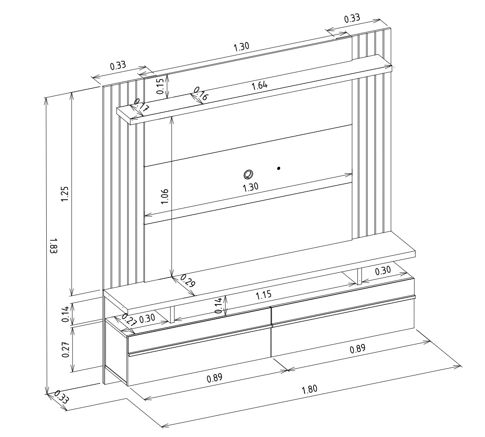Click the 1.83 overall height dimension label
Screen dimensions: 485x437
pyautogui.click(x=54, y=246)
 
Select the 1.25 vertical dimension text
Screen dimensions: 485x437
pyautogui.click(x=65, y=194)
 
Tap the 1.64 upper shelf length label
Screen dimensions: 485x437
pyautogui.click(x=260, y=85)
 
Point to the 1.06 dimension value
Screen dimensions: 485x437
pyautogui.click(x=164, y=197)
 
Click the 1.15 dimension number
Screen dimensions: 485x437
pyautogui.click(x=264, y=295)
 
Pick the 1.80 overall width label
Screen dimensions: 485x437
pyautogui.click(x=310, y=389)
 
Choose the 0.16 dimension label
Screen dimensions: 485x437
pyautogui.click(x=200, y=93)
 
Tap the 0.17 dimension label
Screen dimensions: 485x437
pyautogui.click(x=141, y=105)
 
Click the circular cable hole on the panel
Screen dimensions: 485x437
pyautogui.click(x=248, y=174)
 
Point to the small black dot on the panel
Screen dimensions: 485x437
pyautogui.click(x=279, y=168)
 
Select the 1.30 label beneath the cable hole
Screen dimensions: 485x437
pyautogui.click(x=250, y=187)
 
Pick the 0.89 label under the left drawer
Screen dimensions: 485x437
pyautogui.click(x=215, y=378)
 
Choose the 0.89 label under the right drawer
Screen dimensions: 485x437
pyautogui.click(x=357, y=349)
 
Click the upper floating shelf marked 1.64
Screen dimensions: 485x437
pyautogui.click(x=254, y=89)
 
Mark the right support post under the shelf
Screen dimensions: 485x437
pyautogui.click(x=359, y=276)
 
